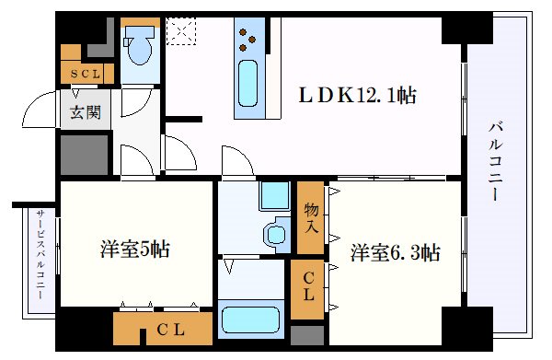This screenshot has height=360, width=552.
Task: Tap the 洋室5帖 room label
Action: click(x=135, y=250)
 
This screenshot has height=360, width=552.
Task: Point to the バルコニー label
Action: click(x=496, y=162)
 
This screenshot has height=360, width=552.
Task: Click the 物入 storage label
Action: click(x=311, y=218)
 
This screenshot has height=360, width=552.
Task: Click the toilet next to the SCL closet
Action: click(x=142, y=45)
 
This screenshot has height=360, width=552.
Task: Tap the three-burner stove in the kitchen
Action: click(x=248, y=38)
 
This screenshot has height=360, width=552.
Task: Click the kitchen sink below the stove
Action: click(x=248, y=83)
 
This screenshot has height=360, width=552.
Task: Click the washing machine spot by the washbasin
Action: click(x=273, y=195)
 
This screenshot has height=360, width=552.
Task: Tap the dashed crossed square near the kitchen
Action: click(x=181, y=31)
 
